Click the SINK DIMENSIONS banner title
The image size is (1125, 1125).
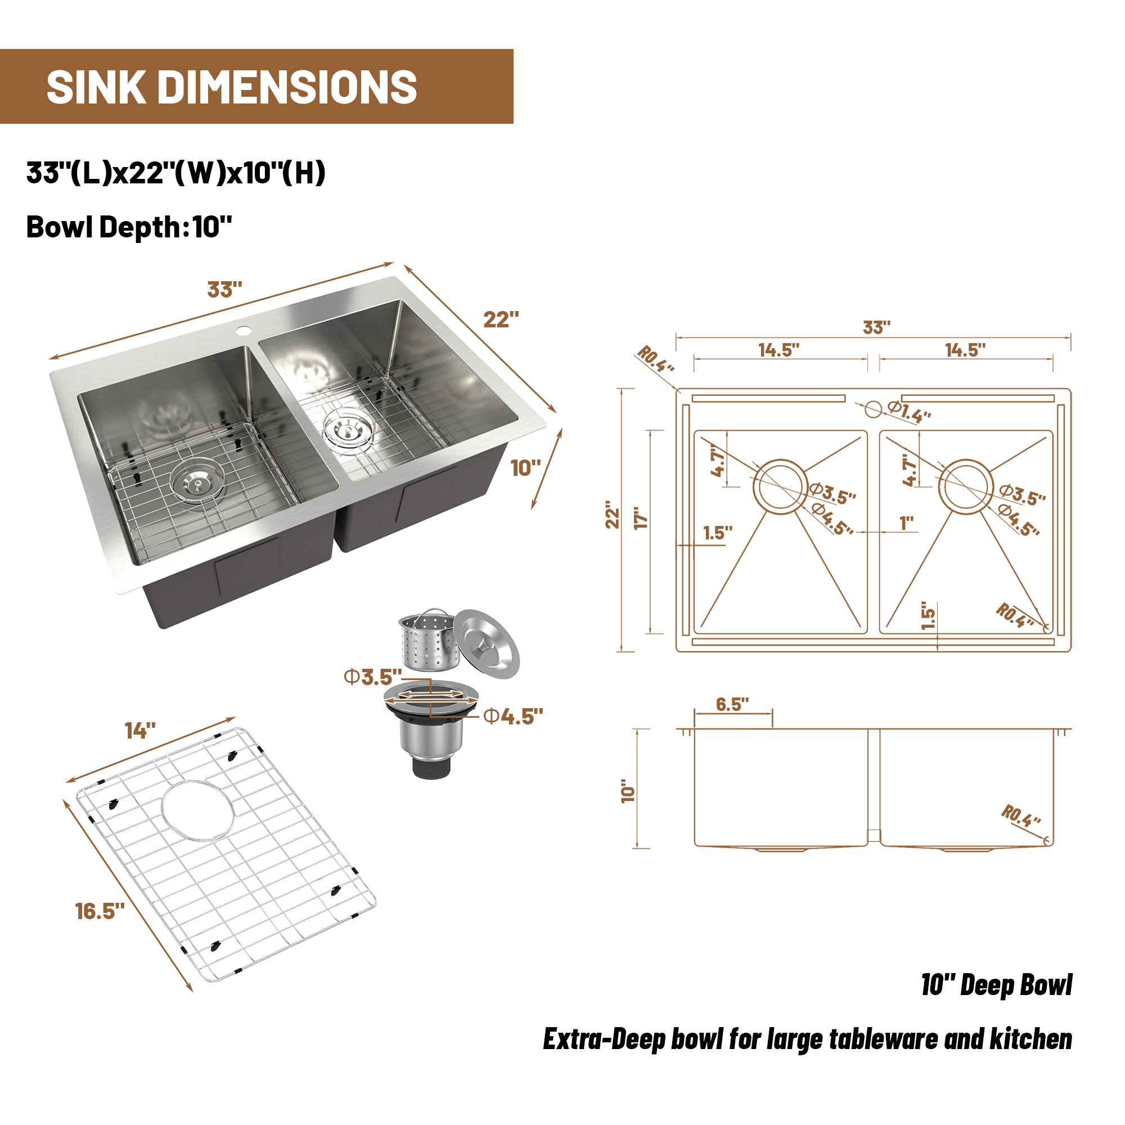click(232, 87)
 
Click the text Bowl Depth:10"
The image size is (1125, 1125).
click(129, 227)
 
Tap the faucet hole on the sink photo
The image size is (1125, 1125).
click(243, 331)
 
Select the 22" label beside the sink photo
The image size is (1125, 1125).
click(501, 319)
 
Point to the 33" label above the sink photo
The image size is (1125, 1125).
click(224, 289)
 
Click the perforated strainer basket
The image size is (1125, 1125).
click(428, 642)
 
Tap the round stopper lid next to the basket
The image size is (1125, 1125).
click(486, 644)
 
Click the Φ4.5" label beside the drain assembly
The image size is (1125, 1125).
click(513, 717)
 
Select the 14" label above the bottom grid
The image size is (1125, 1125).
click(140, 731)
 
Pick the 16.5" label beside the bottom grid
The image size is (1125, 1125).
click(100, 911)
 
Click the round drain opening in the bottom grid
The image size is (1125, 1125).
click(198, 810)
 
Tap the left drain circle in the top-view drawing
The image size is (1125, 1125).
click(780, 487)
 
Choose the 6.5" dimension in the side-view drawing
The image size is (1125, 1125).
click(732, 705)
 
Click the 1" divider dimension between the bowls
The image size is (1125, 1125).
click(907, 523)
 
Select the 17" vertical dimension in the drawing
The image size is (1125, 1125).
click(641, 517)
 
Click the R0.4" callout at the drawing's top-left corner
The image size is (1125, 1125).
click(655, 359)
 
